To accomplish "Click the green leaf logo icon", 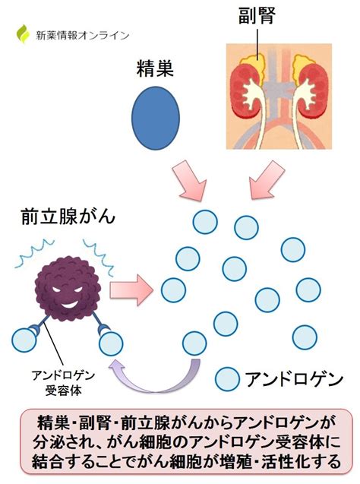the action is (x=23, y=33).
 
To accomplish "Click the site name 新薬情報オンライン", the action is (x=83, y=36).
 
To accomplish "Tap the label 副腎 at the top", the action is (x=257, y=16).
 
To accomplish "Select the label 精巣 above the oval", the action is (x=155, y=68).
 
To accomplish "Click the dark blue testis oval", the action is (x=156, y=118).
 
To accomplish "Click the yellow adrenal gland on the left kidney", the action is (x=254, y=62).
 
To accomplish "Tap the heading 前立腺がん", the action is (x=68, y=217).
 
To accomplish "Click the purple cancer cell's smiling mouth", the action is (x=69, y=305).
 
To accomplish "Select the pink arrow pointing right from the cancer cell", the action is (x=131, y=290).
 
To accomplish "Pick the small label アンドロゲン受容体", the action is (x=63, y=383).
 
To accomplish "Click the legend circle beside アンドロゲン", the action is (x=227, y=379).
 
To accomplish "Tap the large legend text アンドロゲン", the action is (x=294, y=379).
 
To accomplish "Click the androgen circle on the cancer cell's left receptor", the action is (x=24, y=340).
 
